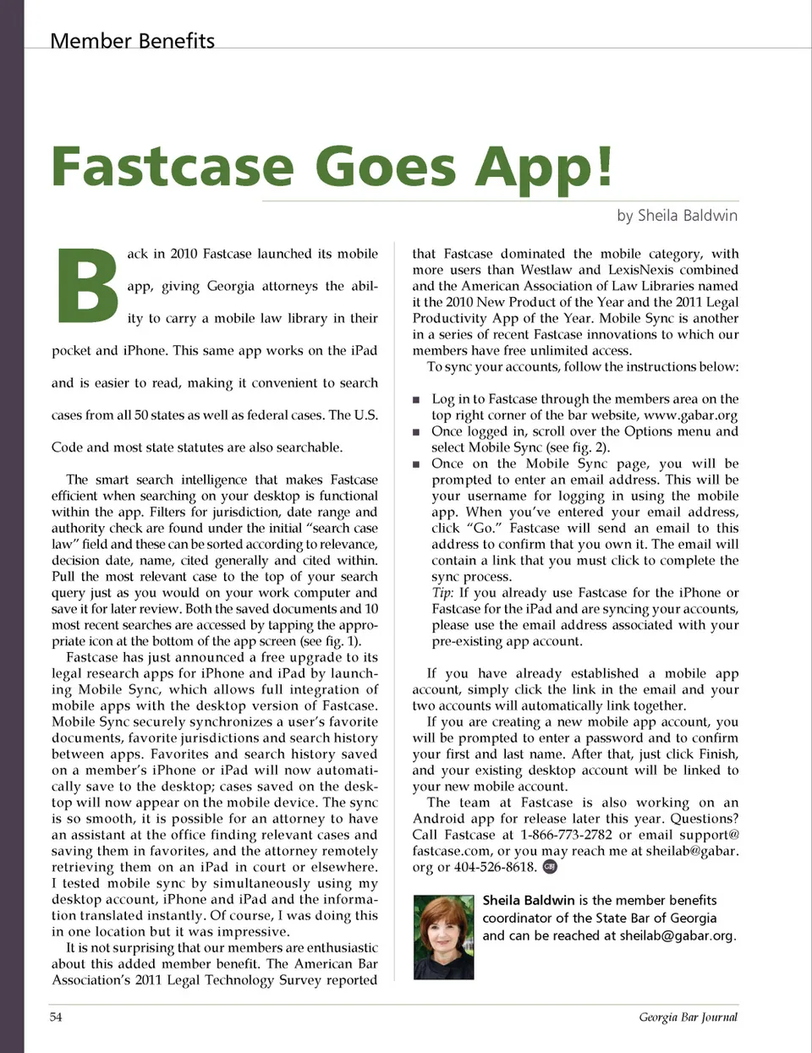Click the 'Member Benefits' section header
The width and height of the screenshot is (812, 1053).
133,41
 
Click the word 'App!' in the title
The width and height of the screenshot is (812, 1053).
543,167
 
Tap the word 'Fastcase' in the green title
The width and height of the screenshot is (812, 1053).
173,167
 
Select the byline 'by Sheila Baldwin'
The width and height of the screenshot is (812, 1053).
677,216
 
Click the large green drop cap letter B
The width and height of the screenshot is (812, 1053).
87,286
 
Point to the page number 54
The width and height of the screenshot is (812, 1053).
56,1017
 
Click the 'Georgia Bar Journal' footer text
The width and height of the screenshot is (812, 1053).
688,1017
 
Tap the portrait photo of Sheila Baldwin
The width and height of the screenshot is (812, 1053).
443,937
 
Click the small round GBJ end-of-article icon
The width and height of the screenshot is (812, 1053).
550,866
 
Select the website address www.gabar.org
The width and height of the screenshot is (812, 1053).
690,415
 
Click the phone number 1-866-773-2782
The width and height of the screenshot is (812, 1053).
566,835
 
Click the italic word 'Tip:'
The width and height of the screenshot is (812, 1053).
442,593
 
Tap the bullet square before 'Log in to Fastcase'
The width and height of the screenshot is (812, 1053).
416,399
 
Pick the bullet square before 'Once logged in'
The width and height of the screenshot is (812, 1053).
416,431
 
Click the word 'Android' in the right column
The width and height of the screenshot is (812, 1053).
439,819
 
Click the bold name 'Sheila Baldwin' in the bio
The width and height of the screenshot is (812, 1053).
528,901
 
